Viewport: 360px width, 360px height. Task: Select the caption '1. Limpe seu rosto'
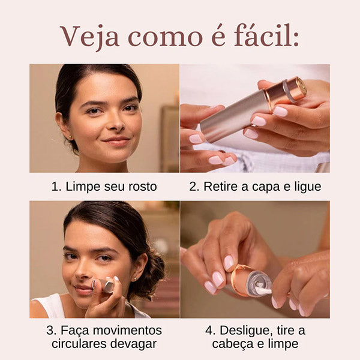tap(104, 187)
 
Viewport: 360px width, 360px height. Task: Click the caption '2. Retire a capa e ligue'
tap(255, 187)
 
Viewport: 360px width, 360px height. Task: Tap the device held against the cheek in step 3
tap(107, 286)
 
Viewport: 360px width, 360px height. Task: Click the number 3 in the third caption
tap(50, 331)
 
